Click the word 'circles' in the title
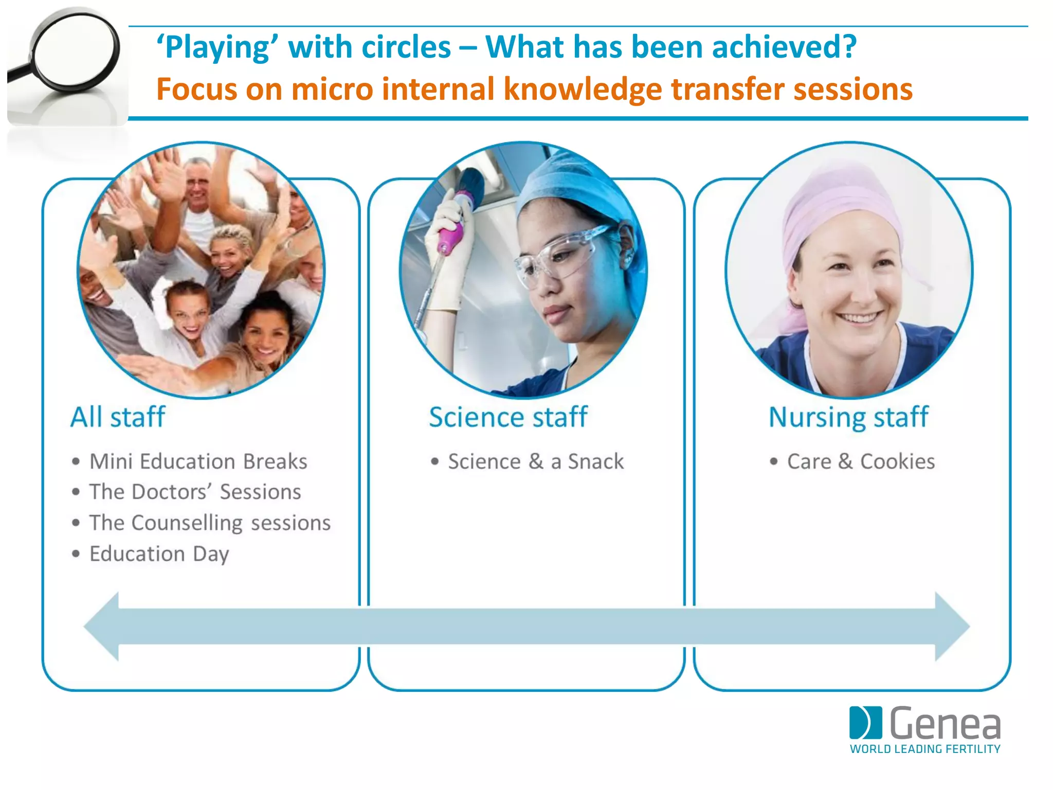click(406, 47)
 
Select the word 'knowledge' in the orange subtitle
click(583, 89)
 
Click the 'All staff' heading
click(118, 417)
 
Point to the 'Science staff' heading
click(508, 417)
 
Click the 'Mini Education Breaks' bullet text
click(198, 461)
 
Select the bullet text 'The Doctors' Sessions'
click(195, 492)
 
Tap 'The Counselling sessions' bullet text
click(210, 523)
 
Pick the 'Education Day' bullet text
click(159, 554)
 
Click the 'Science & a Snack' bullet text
click(536, 461)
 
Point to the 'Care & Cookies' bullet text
click(861, 461)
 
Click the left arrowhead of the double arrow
click(103, 626)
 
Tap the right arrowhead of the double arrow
click(951, 626)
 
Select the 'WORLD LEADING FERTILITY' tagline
click(925, 749)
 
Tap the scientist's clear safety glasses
click(560, 257)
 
